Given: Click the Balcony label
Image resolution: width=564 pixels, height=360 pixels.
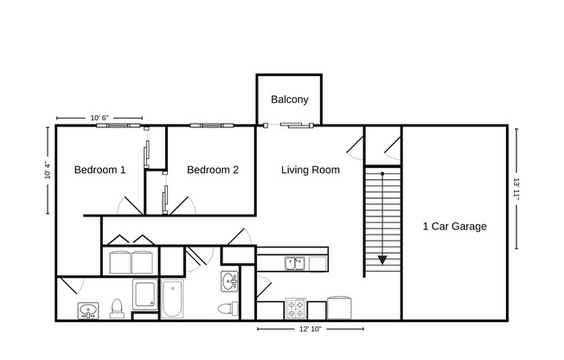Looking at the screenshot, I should (289, 100).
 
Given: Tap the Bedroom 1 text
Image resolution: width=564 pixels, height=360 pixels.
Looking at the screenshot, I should (99, 170).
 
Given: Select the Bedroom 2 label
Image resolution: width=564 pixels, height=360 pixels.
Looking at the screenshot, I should (212, 170).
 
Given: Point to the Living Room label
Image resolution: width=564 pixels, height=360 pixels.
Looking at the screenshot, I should (311, 170).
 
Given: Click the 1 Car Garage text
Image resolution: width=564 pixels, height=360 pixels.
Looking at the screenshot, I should (454, 227).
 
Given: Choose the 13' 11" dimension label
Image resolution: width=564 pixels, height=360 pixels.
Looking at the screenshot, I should (516, 190).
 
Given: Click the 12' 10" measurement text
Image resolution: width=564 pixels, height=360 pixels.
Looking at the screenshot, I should (310, 329).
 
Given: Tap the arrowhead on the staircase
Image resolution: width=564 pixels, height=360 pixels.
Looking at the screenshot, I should (381, 258).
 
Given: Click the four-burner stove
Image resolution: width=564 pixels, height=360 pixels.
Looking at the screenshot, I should (296, 308).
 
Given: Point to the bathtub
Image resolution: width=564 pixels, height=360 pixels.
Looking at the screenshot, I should (172, 299).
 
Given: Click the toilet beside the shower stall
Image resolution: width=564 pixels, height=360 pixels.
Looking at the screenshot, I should (116, 307).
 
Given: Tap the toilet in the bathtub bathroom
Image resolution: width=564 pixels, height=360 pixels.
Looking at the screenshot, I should (227, 309).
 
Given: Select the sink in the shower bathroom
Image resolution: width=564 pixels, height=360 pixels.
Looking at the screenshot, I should (87, 309).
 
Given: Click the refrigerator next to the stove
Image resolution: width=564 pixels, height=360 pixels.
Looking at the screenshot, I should (338, 308).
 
